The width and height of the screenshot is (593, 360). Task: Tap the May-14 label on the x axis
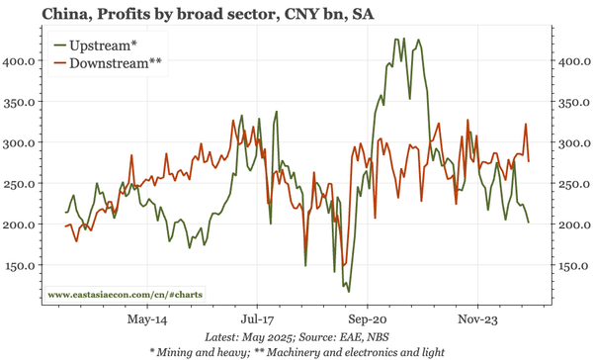[x=147, y=319]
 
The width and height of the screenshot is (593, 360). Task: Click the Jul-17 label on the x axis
[x=257, y=319]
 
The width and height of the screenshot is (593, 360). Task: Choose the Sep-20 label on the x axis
[x=367, y=319]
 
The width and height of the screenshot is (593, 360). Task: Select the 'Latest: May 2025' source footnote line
[x=296, y=336]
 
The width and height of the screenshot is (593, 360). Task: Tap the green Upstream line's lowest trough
[x=348, y=291]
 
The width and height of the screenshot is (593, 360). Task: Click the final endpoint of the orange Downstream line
[x=529, y=161]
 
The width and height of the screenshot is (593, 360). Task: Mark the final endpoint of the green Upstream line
[x=529, y=223]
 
